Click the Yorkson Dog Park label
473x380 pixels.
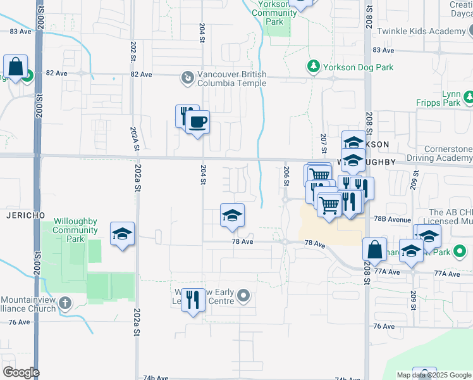(358, 67)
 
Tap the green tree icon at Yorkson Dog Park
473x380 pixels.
(312, 66)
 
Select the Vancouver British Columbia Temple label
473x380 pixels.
(232, 79)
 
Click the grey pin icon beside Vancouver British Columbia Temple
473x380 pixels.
(188, 78)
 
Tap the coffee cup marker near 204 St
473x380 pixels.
(197, 122)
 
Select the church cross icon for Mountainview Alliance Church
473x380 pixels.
(64, 303)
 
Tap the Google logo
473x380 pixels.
(21, 372)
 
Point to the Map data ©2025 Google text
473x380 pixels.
(433, 375)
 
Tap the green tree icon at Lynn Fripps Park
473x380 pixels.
(469, 98)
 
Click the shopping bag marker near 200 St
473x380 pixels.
(15, 66)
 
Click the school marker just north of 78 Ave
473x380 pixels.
(232, 215)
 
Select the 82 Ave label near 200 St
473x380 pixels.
(56, 73)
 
